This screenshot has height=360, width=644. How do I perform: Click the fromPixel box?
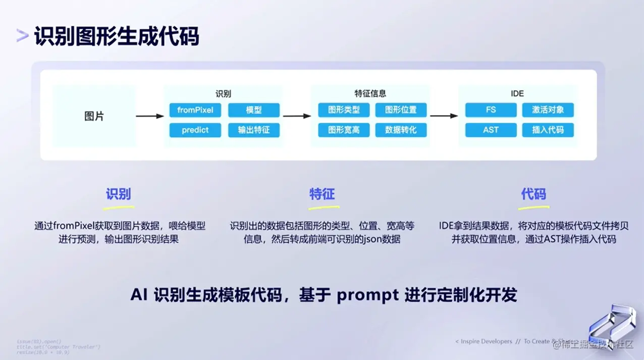click(x=195, y=110)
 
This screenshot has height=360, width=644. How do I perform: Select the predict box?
click(x=195, y=130)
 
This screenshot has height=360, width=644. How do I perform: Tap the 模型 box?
click(x=254, y=110)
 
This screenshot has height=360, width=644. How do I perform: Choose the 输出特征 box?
click(x=254, y=130)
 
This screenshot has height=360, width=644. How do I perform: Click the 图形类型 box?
click(x=344, y=110)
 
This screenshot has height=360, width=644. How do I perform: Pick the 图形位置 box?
click(x=401, y=110)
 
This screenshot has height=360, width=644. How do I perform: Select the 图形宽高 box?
click(x=344, y=130)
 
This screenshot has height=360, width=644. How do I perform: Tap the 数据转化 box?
click(x=401, y=130)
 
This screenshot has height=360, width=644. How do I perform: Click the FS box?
click(x=491, y=110)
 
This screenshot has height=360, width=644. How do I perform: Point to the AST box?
click(x=491, y=130)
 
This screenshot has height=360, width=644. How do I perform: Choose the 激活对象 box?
click(x=548, y=110)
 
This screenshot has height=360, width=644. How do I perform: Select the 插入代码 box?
click(x=548, y=130)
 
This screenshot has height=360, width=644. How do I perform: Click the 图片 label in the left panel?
click(x=94, y=116)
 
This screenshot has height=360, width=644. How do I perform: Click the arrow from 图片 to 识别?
click(x=150, y=116)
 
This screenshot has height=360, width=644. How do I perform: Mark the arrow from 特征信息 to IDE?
click(x=444, y=116)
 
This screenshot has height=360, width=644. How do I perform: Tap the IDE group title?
click(x=517, y=93)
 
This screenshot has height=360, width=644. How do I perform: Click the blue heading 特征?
click(x=322, y=194)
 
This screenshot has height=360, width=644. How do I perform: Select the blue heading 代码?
click(x=533, y=194)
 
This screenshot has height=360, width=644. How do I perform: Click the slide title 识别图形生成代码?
click(x=117, y=37)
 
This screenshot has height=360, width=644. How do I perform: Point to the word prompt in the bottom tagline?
click(x=368, y=295)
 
